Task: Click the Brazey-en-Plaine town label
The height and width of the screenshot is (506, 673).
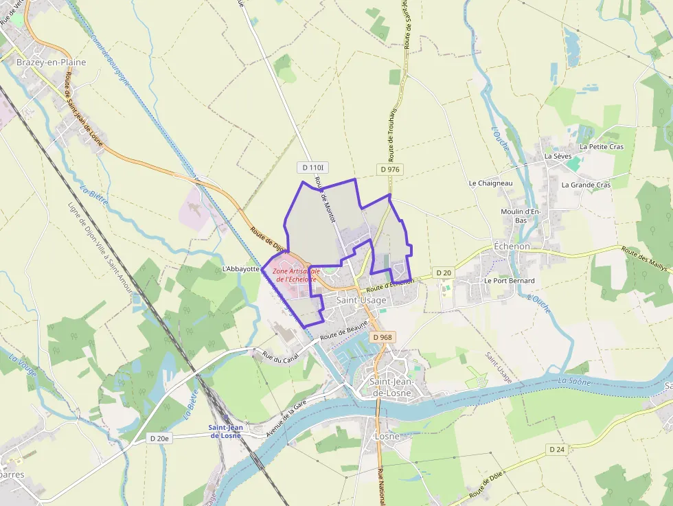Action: pos(52,62)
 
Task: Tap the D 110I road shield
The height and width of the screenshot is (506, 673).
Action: pos(311,168)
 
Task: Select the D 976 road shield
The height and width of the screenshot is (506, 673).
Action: pos(389,169)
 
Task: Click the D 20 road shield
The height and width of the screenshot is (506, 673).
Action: pos(444,273)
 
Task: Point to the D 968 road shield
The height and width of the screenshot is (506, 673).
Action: pos(383,337)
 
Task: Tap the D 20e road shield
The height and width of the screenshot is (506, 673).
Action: pos(159,437)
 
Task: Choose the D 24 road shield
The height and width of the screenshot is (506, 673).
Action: pos(556,449)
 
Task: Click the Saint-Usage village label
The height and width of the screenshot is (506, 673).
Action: pos(361,301)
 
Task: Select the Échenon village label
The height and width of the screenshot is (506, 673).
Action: pos(512,246)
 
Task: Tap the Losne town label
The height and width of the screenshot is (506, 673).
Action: pos(387,436)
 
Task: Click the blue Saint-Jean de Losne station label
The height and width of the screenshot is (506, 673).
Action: pos(225,431)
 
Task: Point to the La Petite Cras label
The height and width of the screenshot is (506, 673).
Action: pos(602,147)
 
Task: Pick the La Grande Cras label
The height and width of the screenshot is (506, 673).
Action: pos(586,185)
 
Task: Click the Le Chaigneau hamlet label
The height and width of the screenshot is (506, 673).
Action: pos(490,183)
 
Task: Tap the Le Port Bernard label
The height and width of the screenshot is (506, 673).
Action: pos(509,281)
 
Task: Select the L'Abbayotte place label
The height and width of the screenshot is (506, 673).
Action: pos(240,268)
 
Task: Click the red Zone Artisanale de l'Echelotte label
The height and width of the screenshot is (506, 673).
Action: pos(295,275)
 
